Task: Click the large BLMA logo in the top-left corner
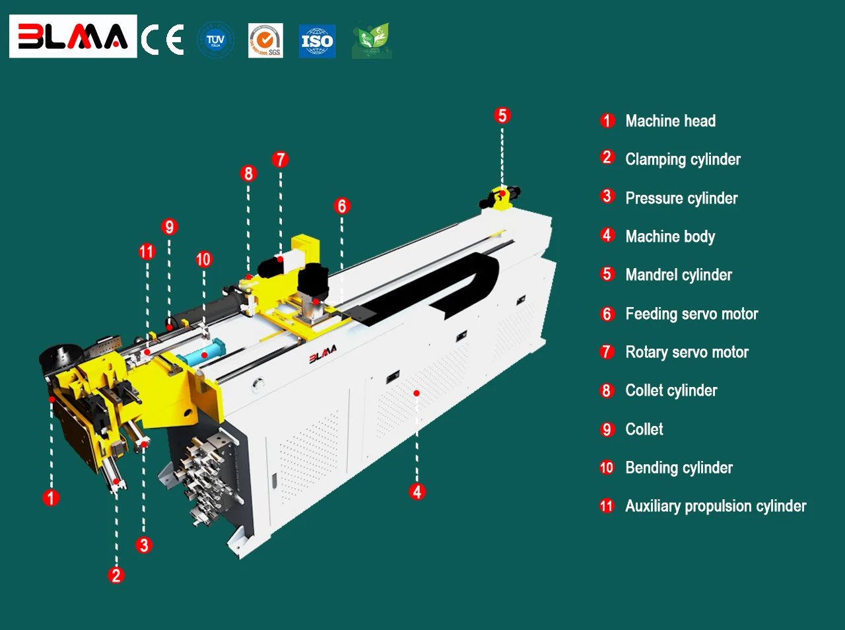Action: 73,36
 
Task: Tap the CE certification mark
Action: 162,40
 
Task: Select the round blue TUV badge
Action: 215,40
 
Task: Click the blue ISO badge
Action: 317,41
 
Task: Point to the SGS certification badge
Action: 265,40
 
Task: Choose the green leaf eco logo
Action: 372,40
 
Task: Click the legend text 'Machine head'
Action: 670,121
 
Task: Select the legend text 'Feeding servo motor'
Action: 691,314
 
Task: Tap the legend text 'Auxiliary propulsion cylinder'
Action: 716,506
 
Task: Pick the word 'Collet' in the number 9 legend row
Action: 644,429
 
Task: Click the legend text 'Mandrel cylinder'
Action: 678,275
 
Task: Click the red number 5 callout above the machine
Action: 502,116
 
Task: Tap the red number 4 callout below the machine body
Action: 417,491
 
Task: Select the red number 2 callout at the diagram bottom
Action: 116,575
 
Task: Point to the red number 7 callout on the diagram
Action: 280,159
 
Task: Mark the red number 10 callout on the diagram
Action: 203,260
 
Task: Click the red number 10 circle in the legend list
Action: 607,468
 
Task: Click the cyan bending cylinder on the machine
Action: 201,355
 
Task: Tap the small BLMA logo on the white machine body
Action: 323,355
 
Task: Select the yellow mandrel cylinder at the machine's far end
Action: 501,197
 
